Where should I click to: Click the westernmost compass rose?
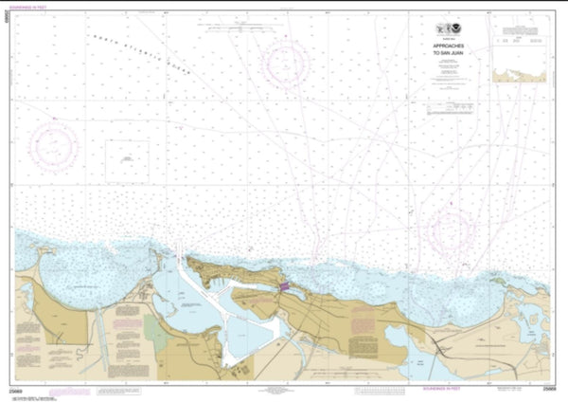coord(53,145)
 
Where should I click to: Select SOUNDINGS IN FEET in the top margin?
coord(47,10)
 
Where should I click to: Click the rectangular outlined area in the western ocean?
coord(126,157)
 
